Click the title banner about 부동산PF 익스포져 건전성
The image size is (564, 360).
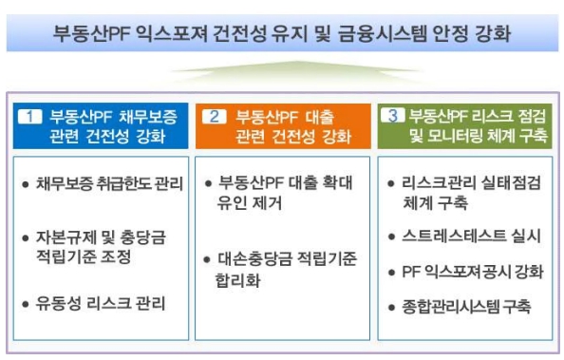281,35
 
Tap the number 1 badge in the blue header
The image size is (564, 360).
32,117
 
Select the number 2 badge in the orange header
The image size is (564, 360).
216,117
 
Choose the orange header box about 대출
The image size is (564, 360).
282,126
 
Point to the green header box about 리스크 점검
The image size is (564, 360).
464,126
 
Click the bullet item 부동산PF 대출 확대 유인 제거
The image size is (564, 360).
282,193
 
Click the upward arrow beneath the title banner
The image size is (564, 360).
282,74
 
